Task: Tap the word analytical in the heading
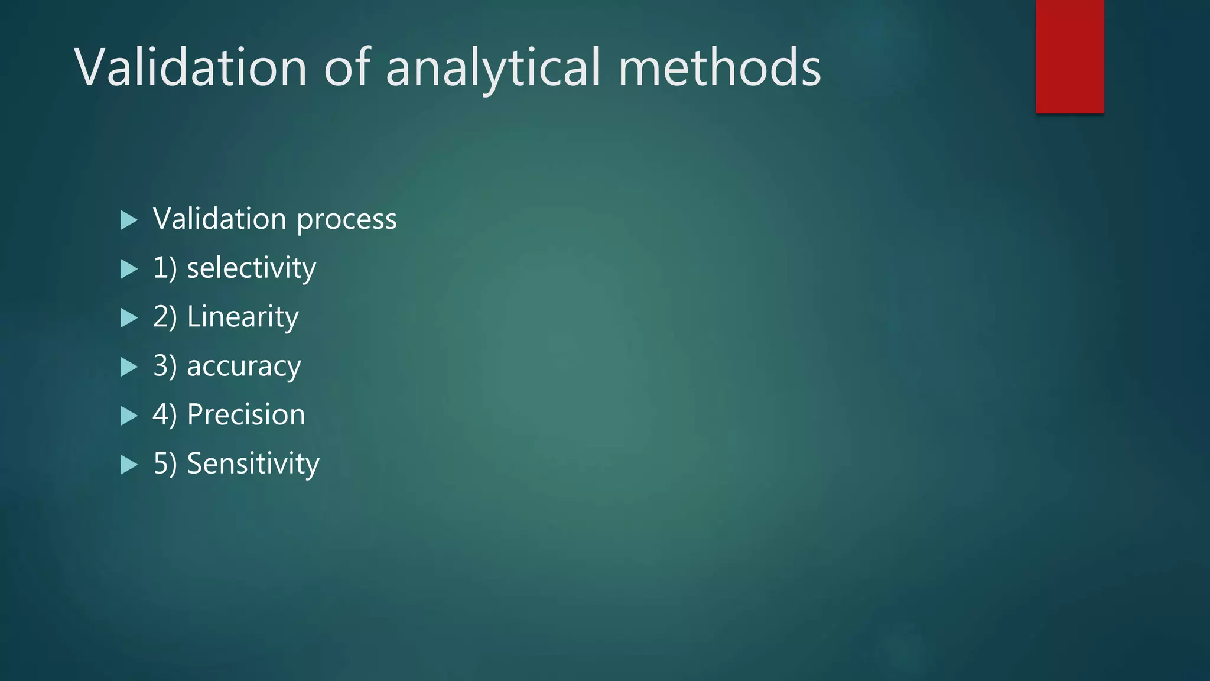point(493,68)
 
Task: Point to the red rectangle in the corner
point(1069,56)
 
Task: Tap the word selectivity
point(251,268)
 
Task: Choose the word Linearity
point(243,317)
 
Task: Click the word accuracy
point(244,367)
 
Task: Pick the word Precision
point(246,414)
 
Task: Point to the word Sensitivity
point(253,463)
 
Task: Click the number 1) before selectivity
point(165,268)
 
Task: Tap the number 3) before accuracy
point(165,366)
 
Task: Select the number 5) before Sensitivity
point(165,463)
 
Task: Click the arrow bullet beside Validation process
point(128,220)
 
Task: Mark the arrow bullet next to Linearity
point(128,318)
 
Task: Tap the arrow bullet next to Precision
point(128,416)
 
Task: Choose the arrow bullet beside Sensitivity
point(128,465)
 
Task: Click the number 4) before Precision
point(165,415)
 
